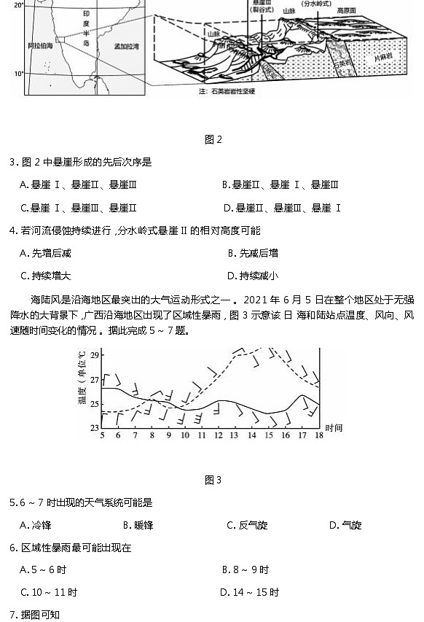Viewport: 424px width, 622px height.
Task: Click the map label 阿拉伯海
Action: (40, 45)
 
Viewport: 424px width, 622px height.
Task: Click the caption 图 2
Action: (213, 140)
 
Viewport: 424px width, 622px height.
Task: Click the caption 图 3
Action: (213, 480)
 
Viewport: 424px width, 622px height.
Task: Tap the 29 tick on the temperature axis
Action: (94, 354)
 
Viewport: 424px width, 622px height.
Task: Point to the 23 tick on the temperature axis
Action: (94, 427)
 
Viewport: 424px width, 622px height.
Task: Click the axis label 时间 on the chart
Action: (334, 427)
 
